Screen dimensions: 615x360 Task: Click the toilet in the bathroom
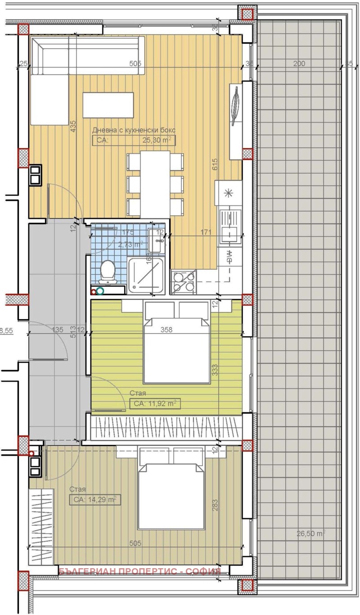pyautogui.click(x=108, y=271)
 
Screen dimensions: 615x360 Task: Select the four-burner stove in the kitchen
pyautogui.click(x=184, y=281)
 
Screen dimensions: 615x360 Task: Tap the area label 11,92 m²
pyautogui.click(x=155, y=404)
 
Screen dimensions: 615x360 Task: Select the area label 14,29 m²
pyautogui.click(x=94, y=499)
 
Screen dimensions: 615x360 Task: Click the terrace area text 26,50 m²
pyautogui.click(x=310, y=534)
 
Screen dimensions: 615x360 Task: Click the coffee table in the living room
pyautogui.click(x=108, y=105)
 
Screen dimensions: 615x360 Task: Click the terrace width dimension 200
pyautogui.click(x=299, y=63)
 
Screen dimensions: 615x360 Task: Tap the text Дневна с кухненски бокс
pyautogui.click(x=134, y=130)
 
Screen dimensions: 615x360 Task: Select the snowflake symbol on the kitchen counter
pyautogui.click(x=229, y=194)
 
